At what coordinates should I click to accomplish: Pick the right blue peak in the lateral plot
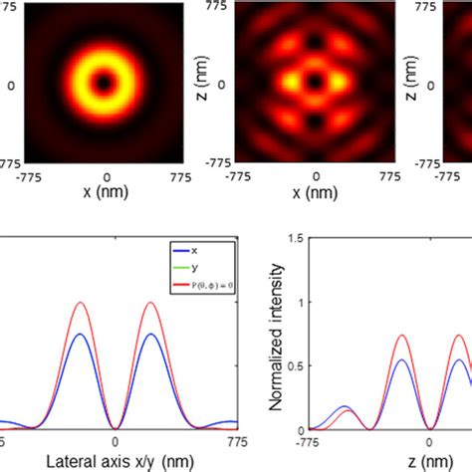coord(151,334)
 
